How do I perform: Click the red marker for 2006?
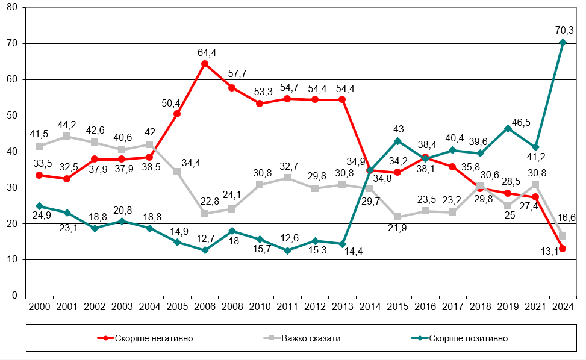click(x=205, y=64)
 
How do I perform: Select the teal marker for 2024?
click(x=563, y=42)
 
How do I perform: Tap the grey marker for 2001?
click(x=67, y=136)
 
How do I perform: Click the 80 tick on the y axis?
click(x=13, y=8)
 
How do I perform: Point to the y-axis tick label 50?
click(x=13, y=116)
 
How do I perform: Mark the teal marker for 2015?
click(x=397, y=141)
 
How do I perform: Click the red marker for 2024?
click(x=563, y=249)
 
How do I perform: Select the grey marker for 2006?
click(x=205, y=214)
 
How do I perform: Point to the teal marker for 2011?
click(x=287, y=250)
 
